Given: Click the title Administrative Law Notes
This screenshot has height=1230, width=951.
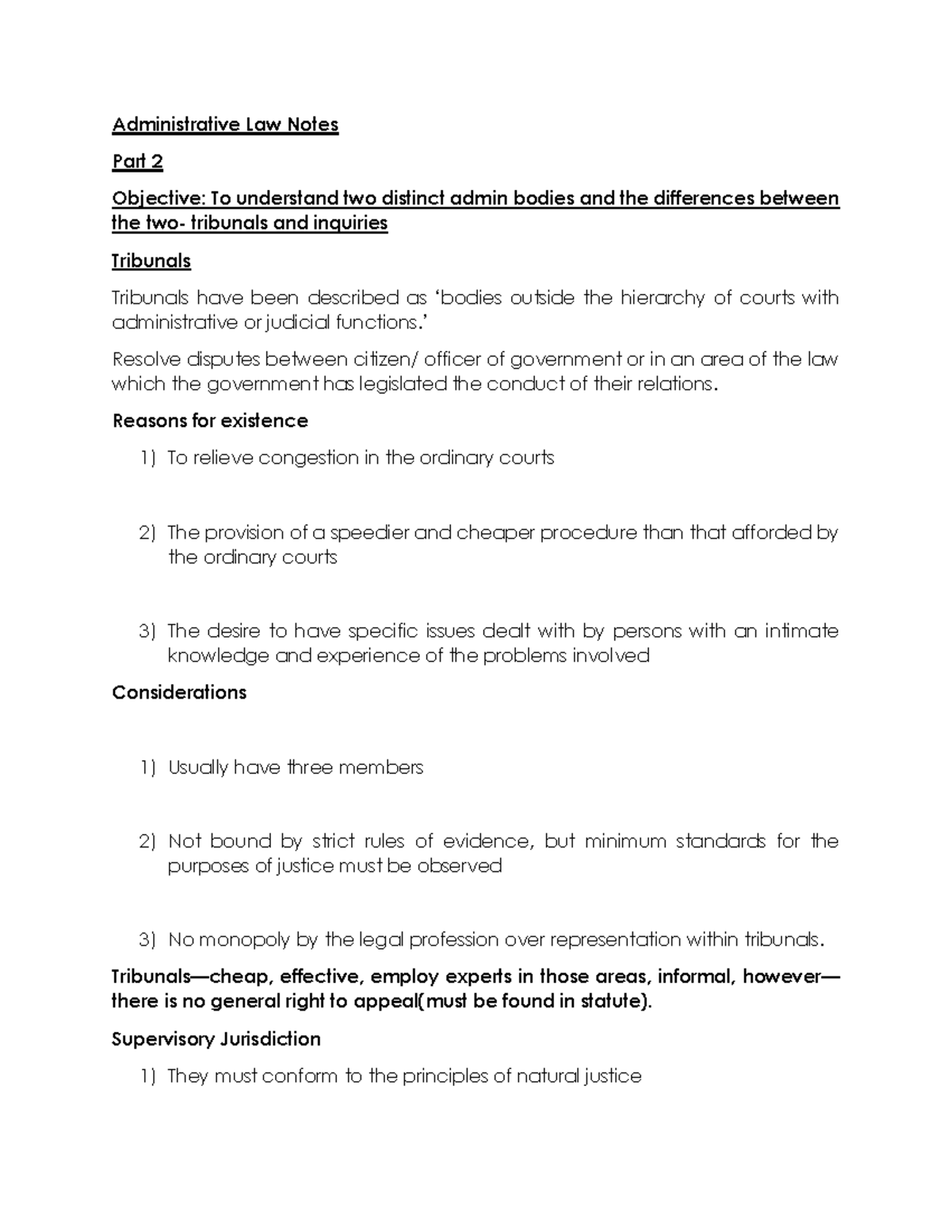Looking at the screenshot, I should (x=225, y=125).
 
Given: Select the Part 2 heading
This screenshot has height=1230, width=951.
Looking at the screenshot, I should (x=137, y=162).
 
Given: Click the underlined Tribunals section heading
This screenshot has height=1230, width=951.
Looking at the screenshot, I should (x=151, y=261).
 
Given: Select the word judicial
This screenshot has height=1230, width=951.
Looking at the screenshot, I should (x=304, y=322).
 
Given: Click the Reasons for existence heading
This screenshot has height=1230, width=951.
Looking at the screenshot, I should (x=210, y=421).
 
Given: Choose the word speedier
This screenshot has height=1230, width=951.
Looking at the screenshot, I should (x=369, y=532).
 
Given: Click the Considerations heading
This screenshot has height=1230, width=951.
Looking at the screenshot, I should (x=179, y=692).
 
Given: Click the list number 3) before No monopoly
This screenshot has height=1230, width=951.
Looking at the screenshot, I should (x=147, y=940).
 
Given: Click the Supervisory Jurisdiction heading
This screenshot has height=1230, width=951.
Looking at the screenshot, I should (x=216, y=1039).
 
